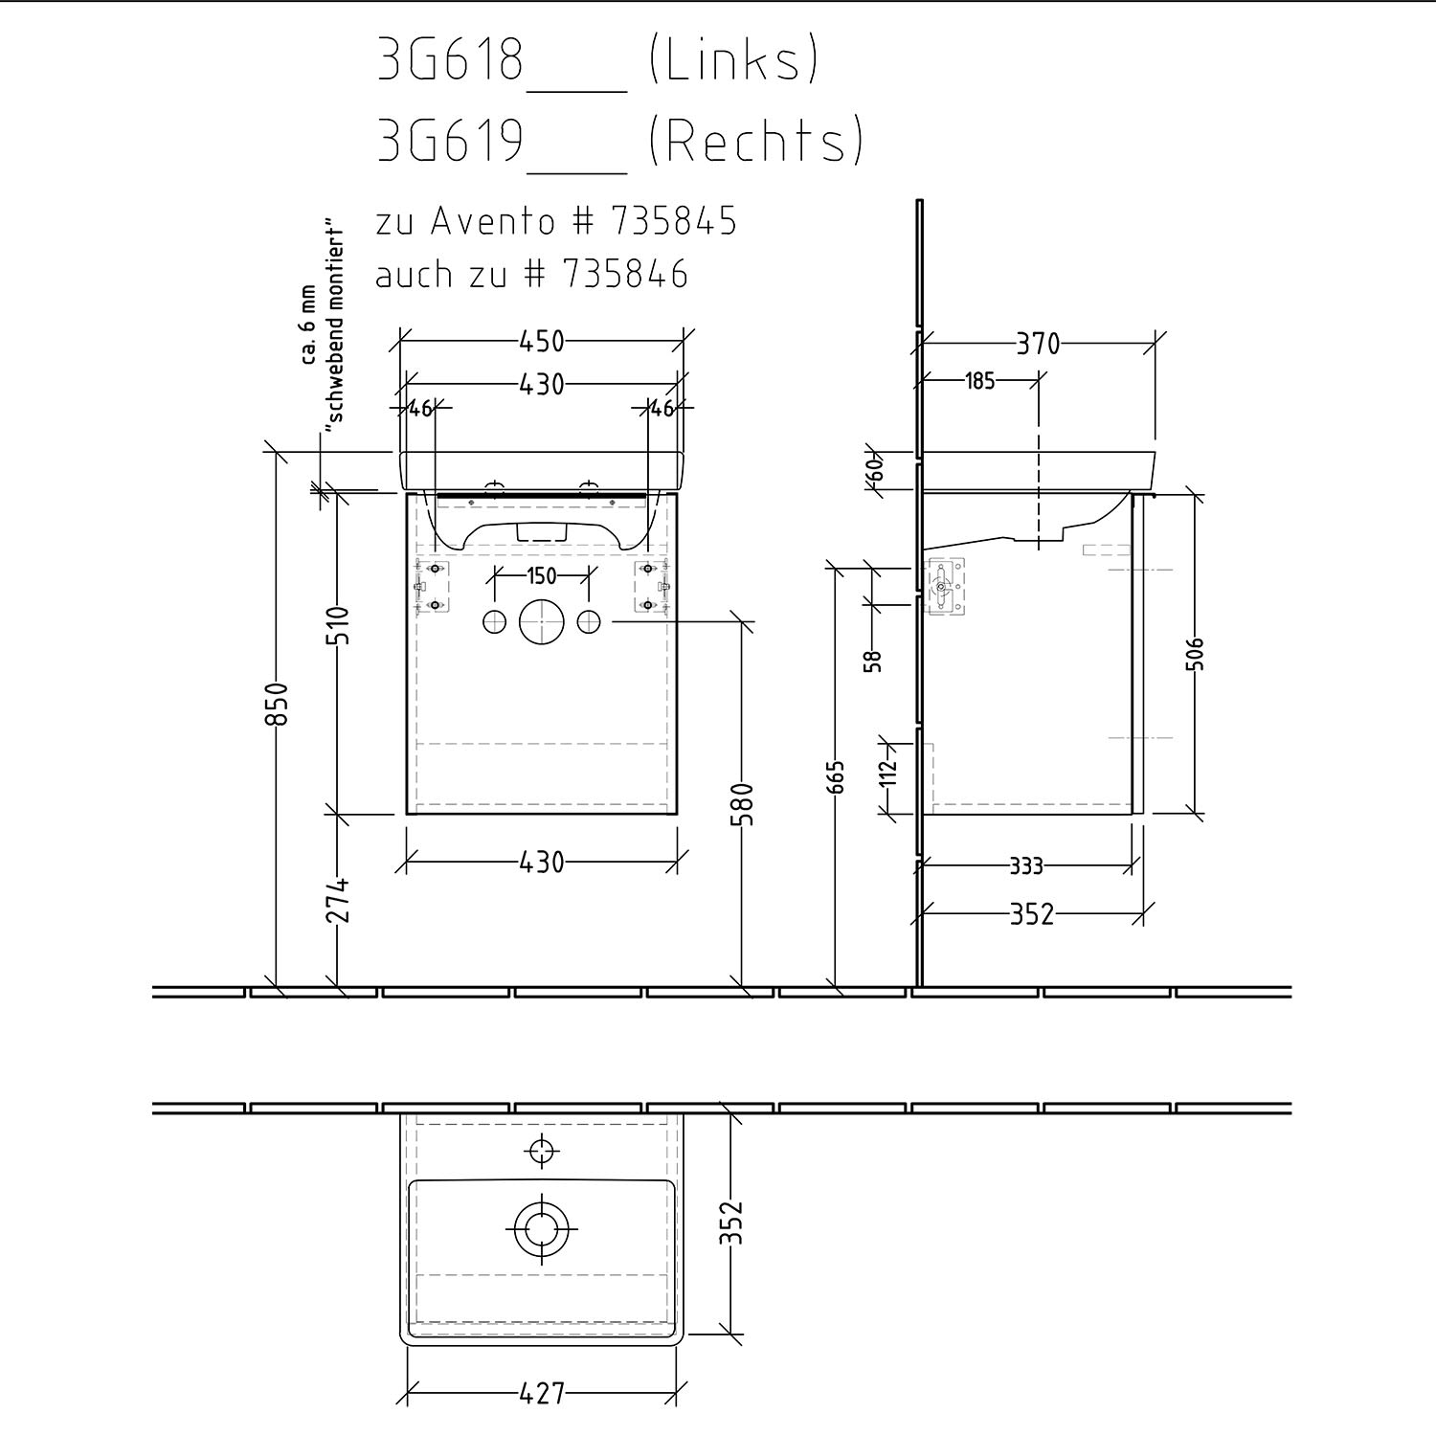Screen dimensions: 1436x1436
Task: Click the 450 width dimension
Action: click(x=542, y=341)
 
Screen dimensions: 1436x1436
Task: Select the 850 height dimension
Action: click(x=276, y=704)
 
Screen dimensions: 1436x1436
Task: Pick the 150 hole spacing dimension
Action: click(x=541, y=576)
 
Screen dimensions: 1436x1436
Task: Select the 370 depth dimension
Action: click(x=1038, y=343)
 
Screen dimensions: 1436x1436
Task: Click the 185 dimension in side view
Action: click(x=979, y=381)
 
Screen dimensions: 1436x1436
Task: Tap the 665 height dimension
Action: click(x=837, y=778)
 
